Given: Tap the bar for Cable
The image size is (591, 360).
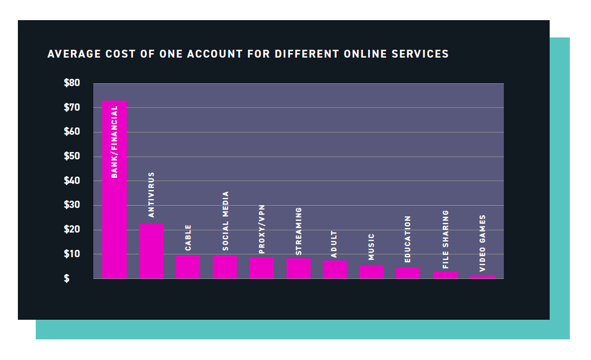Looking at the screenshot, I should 188,267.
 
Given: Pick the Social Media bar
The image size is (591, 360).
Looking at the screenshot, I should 225,267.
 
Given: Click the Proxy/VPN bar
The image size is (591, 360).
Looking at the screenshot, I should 262,267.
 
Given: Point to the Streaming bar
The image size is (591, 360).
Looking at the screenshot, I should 299,268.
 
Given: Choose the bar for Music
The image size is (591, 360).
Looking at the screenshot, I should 372,271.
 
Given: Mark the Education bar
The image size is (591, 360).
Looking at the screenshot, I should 408,272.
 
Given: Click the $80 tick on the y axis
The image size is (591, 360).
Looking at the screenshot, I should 72,83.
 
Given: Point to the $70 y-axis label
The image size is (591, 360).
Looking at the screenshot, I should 72,107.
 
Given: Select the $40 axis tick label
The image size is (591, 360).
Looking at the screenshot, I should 72,181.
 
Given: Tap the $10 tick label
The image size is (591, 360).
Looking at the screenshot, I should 72,254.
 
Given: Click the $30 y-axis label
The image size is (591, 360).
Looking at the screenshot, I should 72,205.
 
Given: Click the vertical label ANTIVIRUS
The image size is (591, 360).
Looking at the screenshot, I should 151,195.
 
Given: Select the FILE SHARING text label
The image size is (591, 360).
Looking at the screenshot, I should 446,239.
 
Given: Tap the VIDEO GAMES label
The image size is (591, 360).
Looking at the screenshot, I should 483,244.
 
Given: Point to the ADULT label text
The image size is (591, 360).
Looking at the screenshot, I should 335,244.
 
